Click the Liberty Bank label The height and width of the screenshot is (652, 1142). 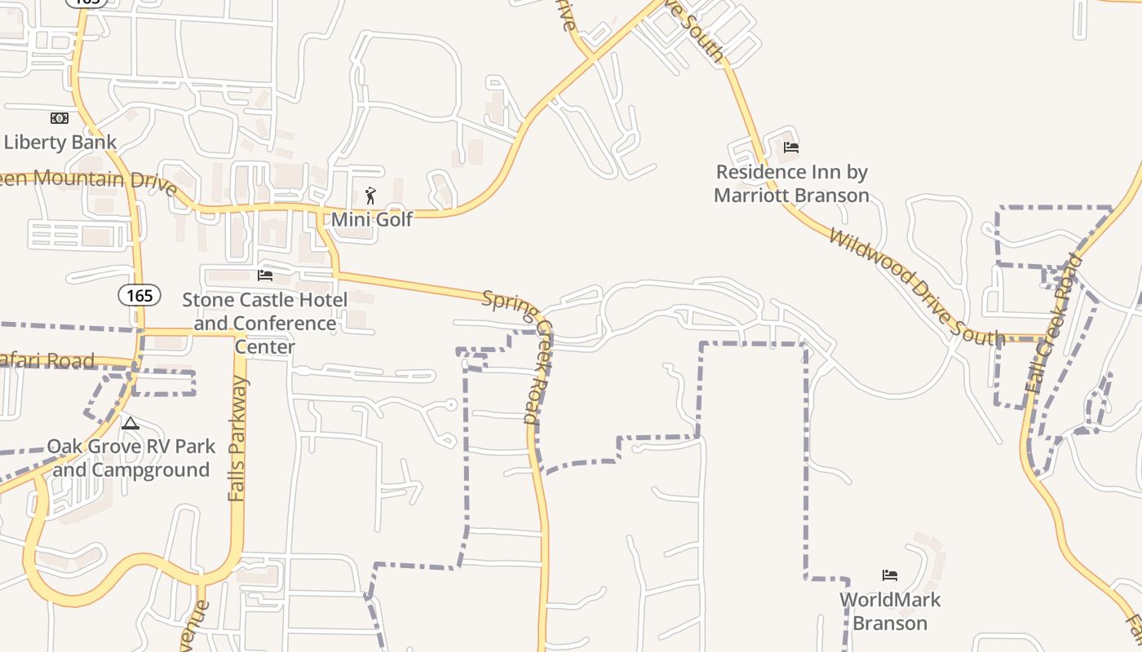(x=60, y=142)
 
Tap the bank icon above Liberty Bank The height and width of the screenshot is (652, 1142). (x=60, y=118)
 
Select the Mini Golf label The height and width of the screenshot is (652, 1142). (x=372, y=219)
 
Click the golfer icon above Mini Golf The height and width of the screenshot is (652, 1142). (x=371, y=196)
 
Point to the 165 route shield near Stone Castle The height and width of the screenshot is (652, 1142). (x=139, y=295)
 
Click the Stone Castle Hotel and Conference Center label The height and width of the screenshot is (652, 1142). (x=264, y=324)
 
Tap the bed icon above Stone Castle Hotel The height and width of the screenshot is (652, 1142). (x=264, y=275)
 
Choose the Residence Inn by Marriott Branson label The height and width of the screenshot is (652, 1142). (x=791, y=183)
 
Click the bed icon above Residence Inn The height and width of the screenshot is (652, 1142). (x=791, y=148)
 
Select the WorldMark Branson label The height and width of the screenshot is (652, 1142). (x=890, y=611)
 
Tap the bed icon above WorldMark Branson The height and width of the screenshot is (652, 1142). (x=890, y=575)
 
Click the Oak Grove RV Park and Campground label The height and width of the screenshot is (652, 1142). (x=131, y=458)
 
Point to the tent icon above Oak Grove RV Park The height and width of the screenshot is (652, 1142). (x=131, y=423)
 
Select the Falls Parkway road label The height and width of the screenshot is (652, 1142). (x=237, y=438)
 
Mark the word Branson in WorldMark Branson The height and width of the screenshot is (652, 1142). (x=890, y=623)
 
